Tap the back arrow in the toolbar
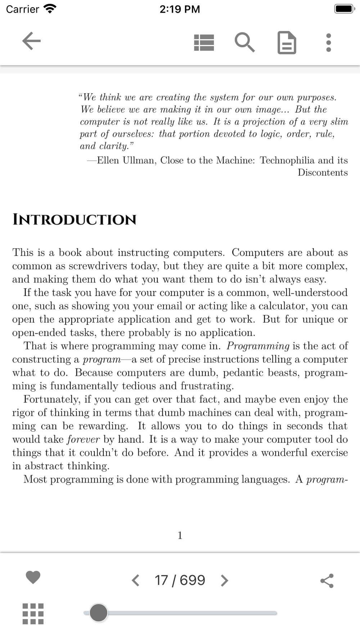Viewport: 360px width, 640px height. tap(31, 41)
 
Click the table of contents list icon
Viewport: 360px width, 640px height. tap(204, 42)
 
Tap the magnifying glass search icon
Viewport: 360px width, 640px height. tap(245, 42)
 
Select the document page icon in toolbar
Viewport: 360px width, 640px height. tap(287, 43)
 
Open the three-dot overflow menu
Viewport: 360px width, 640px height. tap(328, 42)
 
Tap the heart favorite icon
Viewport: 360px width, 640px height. tap(33, 577)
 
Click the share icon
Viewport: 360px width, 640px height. tap(327, 581)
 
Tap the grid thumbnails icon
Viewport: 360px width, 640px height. tap(33, 614)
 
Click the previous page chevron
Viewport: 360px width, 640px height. tap(135, 580)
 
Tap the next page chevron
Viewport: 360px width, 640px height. tap(224, 580)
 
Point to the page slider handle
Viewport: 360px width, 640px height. tap(99, 613)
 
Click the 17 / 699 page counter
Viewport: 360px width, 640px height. tap(180, 580)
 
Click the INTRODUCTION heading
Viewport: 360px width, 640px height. tap(75, 220)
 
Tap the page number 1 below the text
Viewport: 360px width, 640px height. tap(180, 536)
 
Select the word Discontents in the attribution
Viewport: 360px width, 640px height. tap(323, 172)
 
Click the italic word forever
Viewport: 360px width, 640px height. tap(83, 440)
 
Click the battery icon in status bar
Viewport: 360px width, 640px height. tap(345, 9)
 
